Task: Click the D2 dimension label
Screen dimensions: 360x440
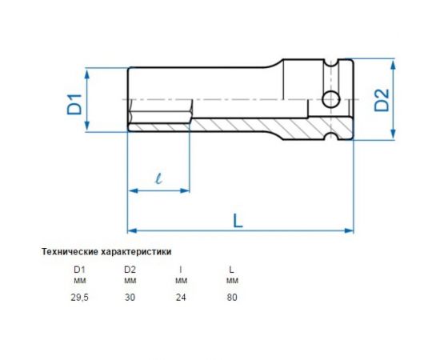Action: click(x=382, y=100)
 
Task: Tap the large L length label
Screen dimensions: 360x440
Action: click(x=238, y=218)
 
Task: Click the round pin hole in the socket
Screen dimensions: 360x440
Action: click(x=330, y=100)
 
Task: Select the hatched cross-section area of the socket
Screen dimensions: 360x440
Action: click(x=264, y=126)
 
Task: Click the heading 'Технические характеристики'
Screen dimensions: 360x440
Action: click(x=106, y=251)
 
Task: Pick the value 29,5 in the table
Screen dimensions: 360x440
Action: click(x=79, y=297)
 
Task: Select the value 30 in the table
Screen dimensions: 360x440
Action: click(x=130, y=297)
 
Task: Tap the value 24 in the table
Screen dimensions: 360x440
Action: click(x=181, y=297)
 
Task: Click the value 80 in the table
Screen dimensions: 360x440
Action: click(x=232, y=297)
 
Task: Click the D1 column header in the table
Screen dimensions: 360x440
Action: click(x=79, y=270)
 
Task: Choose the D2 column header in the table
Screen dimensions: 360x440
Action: click(x=130, y=270)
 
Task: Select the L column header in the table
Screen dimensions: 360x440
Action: click(x=232, y=270)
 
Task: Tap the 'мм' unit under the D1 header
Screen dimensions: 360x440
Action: click(x=79, y=281)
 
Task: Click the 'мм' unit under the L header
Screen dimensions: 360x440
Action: click(x=232, y=281)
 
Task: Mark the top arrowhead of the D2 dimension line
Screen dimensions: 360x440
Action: click(x=398, y=63)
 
